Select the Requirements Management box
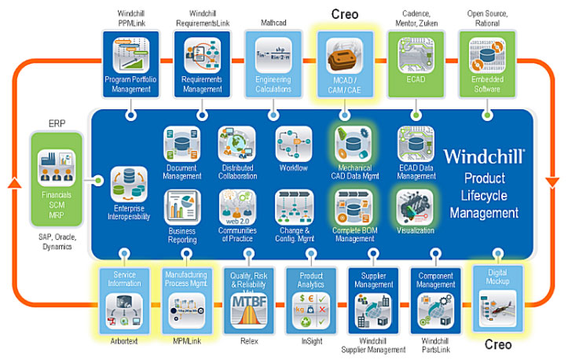201,64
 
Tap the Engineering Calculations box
273,64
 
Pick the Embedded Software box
486,64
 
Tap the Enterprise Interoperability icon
128,184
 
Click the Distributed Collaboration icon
236,145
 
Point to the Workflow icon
292,144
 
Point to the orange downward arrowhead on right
552,187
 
